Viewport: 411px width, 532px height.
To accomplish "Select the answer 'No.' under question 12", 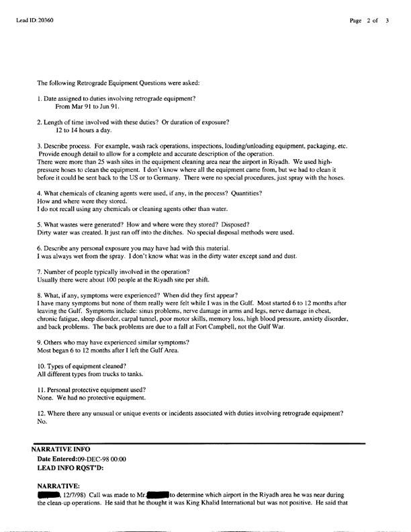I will pyautogui.click(x=42, y=421).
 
